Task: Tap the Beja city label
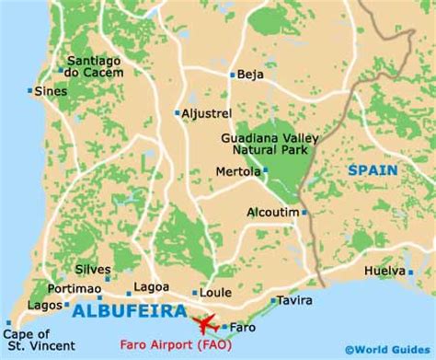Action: click(251, 75)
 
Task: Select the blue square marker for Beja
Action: click(233, 75)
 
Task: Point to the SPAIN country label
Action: click(373, 170)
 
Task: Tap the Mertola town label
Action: click(238, 170)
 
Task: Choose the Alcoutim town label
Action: click(272, 212)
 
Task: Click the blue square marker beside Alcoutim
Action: click(304, 213)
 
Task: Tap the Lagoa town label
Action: click(151, 287)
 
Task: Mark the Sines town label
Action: click(51, 91)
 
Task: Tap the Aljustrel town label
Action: click(206, 112)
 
